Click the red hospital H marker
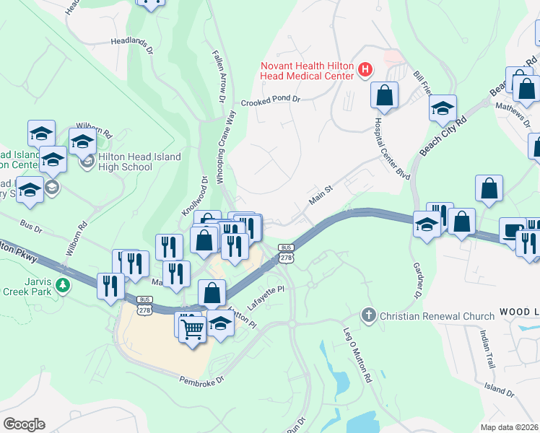366,70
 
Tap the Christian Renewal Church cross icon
369,315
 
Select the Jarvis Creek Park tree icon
64,284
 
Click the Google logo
24,424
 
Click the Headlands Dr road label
132,46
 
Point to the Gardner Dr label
417,280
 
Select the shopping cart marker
193,329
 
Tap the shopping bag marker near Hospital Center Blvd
386,95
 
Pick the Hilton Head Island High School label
126,162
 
